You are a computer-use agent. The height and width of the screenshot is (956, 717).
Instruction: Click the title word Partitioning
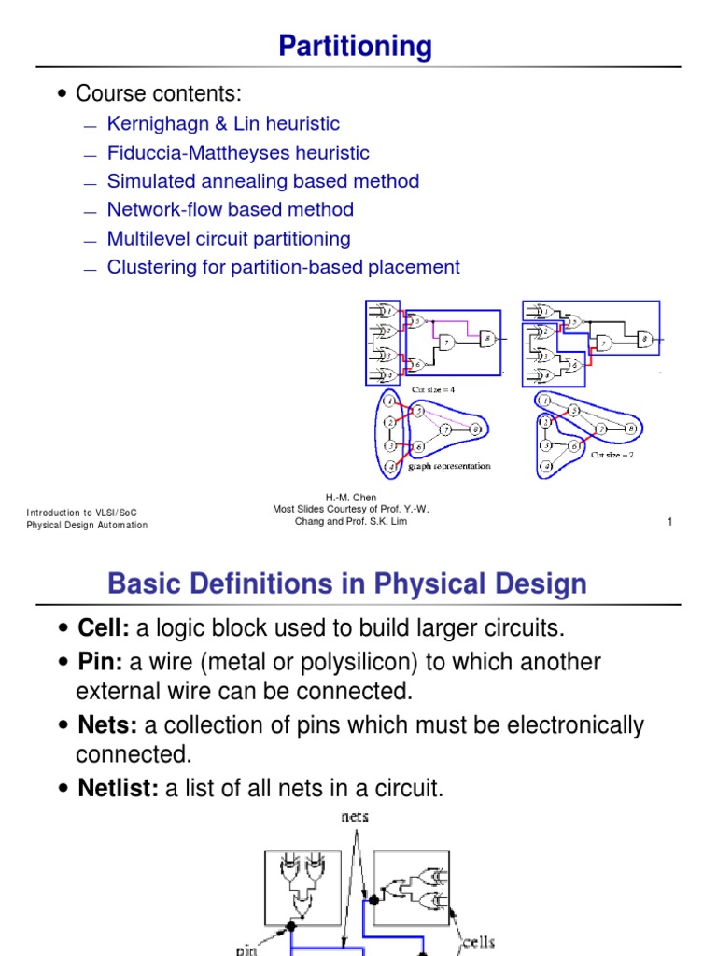pos(355,46)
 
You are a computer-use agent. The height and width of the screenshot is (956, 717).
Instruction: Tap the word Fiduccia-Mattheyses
pos(206,153)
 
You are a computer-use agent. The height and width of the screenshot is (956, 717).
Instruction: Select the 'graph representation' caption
pos(449,466)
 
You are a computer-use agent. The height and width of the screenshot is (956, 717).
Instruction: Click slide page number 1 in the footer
pos(669,522)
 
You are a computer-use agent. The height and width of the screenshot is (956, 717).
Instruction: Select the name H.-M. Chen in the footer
pos(351,498)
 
